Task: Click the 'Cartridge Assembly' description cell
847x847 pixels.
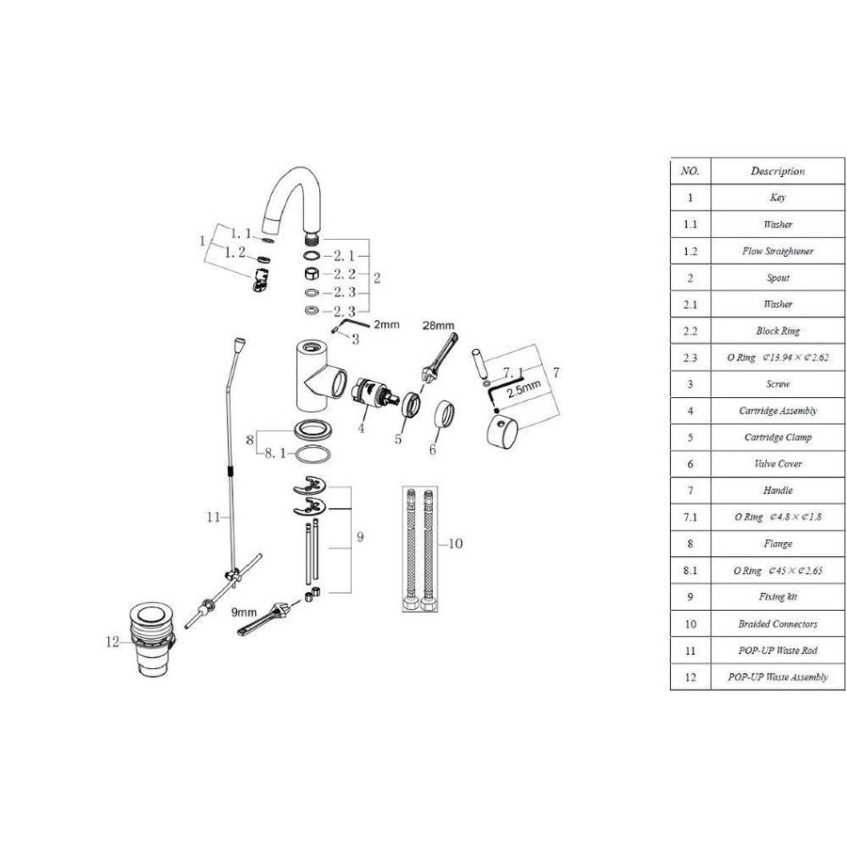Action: pyautogui.click(x=777, y=410)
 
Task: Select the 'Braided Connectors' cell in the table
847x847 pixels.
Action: pyautogui.click(x=777, y=623)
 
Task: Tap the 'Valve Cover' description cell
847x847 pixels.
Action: pyautogui.click(x=777, y=464)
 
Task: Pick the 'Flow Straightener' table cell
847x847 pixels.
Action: pyautogui.click(x=777, y=251)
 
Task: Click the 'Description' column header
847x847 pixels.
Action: pyautogui.click(x=777, y=171)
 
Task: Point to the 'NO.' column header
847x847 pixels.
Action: pyautogui.click(x=690, y=171)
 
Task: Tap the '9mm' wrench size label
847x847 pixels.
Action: pyautogui.click(x=245, y=612)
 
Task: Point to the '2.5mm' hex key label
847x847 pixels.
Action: pyautogui.click(x=523, y=386)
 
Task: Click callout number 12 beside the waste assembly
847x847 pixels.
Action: pyautogui.click(x=114, y=644)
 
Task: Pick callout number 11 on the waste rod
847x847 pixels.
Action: pyautogui.click(x=213, y=517)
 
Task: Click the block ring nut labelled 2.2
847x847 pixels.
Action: pyautogui.click(x=310, y=273)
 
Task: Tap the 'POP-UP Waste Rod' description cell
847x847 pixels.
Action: pyautogui.click(x=777, y=650)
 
